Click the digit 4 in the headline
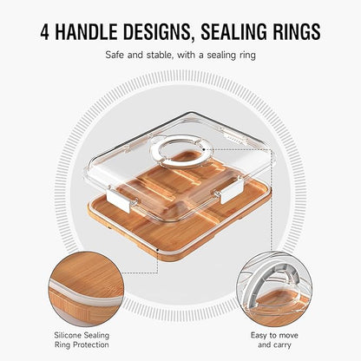click(45, 31)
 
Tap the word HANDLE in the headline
click(86, 31)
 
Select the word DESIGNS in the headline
click(158, 32)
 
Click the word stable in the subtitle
click(159, 55)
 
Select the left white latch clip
click(119, 199)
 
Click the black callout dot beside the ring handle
click(204, 149)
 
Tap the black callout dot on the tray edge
click(157, 249)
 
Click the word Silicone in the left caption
click(68, 336)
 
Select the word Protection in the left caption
click(90, 345)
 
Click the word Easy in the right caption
click(259, 336)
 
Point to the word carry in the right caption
click(281, 345)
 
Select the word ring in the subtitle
click(247, 56)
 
